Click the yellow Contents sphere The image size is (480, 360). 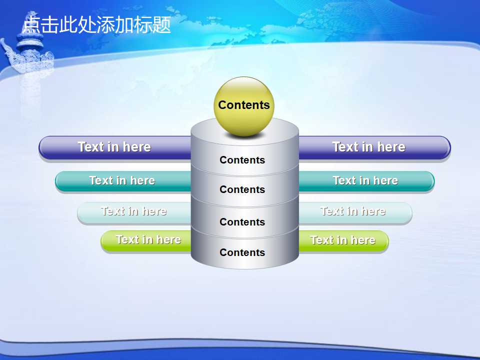pyautogui.click(x=244, y=106)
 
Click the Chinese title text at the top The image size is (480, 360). pyautogui.click(x=96, y=24)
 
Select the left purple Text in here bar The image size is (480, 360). pyautogui.click(x=115, y=147)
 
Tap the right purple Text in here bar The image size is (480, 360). pyautogui.click(x=374, y=147)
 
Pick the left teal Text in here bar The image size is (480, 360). pyautogui.click(x=123, y=181)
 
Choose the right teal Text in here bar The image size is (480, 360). pyautogui.click(x=366, y=181)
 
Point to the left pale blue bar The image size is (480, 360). pyautogui.click(x=134, y=212)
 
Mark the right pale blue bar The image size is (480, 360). pyautogui.click(x=355, y=212)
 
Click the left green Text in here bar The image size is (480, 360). pyautogui.click(x=146, y=240)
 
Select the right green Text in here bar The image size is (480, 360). pyautogui.click(x=343, y=240)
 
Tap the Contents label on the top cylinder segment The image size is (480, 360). pyautogui.click(x=242, y=160)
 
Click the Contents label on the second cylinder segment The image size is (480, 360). pyautogui.click(x=242, y=189)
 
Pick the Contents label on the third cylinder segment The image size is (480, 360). pyautogui.click(x=242, y=222)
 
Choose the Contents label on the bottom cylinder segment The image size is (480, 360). pyautogui.click(x=242, y=252)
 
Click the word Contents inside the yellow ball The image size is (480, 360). pyautogui.click(x=244, y=105)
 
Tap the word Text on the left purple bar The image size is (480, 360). pyautogui.click(x=91, y=146)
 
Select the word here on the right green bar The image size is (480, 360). pyautogui.click(x=363, y=240)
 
